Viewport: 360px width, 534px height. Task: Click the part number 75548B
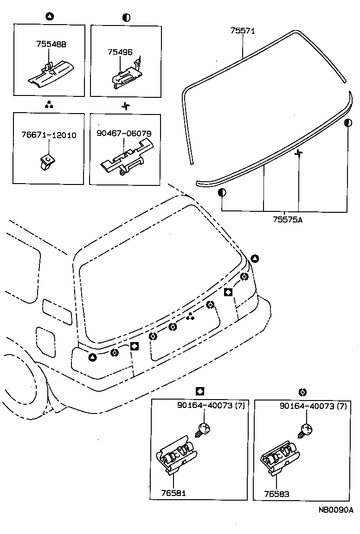(51, 44)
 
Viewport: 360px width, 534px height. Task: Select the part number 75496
(120, 52)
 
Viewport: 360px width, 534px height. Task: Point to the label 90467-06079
(124, 134)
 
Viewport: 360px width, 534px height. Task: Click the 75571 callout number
(243, 31)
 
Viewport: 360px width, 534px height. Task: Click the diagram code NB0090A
(335, 510)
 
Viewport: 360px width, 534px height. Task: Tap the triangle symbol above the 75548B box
(50, 17)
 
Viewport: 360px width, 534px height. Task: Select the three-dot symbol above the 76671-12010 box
(49, 105)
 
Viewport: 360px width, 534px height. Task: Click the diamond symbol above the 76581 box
(200, 392)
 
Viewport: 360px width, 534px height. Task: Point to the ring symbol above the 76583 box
(302, 392)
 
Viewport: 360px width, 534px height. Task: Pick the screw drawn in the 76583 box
(304, 431)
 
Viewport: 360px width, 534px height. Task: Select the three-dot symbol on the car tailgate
(190, 317)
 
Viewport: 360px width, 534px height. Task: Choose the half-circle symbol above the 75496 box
(126, 18)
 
